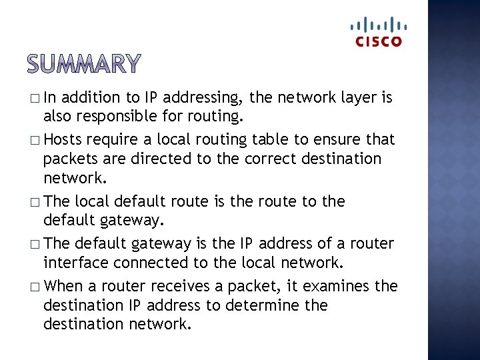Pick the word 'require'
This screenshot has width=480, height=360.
tap(113, 140)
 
